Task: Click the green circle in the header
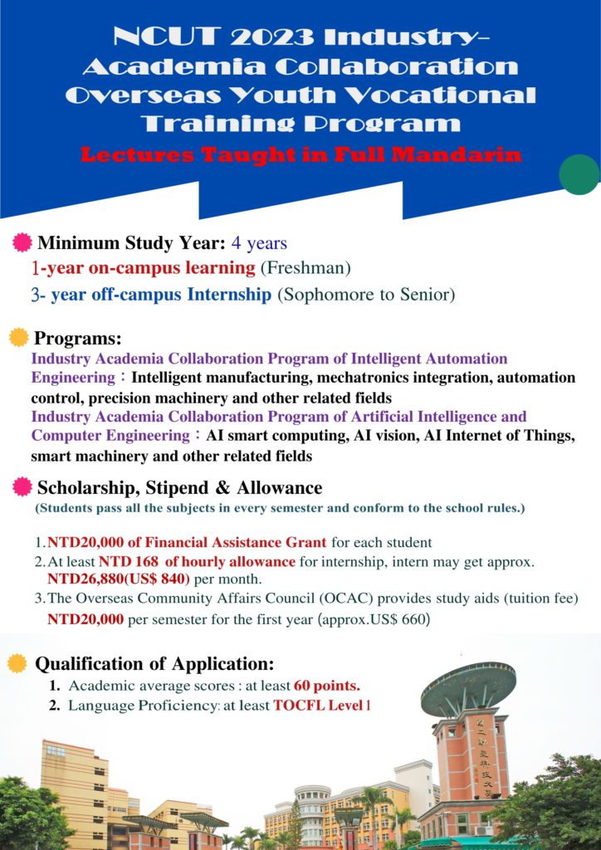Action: [579, 174]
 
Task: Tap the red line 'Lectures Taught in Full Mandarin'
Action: [300, 154]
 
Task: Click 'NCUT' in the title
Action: [162, 37]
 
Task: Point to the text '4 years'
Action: [259, 243]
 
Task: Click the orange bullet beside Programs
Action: [17, 339]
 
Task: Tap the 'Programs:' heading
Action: [78, 339]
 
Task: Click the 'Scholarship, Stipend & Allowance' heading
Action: [179, 487]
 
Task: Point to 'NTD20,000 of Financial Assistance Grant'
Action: [188, 543]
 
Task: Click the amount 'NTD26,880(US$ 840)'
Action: [119, 579]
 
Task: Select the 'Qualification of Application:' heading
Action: [154, 664]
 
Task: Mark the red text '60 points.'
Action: [324, 686]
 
